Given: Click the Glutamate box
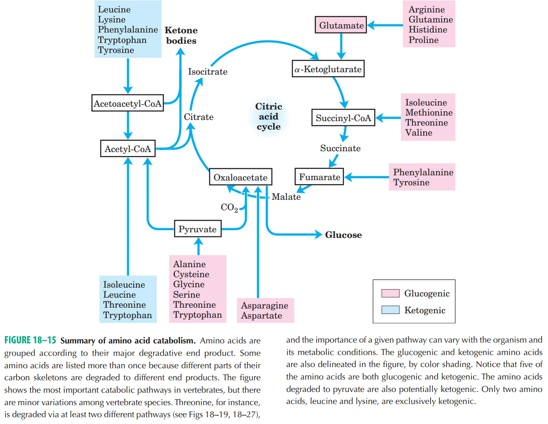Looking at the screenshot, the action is coord(340,25).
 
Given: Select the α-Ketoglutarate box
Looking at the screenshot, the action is coord(328,69).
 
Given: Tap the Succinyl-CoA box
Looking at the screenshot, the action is coord(343,118).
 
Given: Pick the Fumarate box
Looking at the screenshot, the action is coord(319,176).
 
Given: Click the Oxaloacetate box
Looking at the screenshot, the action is coord(241,177).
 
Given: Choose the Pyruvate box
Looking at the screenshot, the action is coord(198,229).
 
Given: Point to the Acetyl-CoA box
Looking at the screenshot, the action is coord(127,148).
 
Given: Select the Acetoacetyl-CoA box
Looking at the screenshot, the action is coord(127,103).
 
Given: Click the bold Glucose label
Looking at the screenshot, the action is coord(343,235).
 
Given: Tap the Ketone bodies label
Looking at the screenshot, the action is coord(181,35).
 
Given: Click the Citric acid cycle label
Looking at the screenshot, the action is coord(268,116).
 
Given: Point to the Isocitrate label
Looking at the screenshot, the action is coord(208,71).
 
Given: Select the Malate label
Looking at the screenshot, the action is coord(286,197).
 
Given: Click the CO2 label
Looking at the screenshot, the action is coord(229,207).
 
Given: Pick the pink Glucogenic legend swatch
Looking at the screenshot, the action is coord(390,293).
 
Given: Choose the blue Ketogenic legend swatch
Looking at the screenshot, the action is coord(390,310).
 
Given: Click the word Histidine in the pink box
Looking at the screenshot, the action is coord(428,30).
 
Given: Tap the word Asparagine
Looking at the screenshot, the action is coord(264,305).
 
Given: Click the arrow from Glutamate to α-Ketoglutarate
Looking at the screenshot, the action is coord(341,47).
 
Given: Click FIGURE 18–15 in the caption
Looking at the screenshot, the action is coord(30,340).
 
